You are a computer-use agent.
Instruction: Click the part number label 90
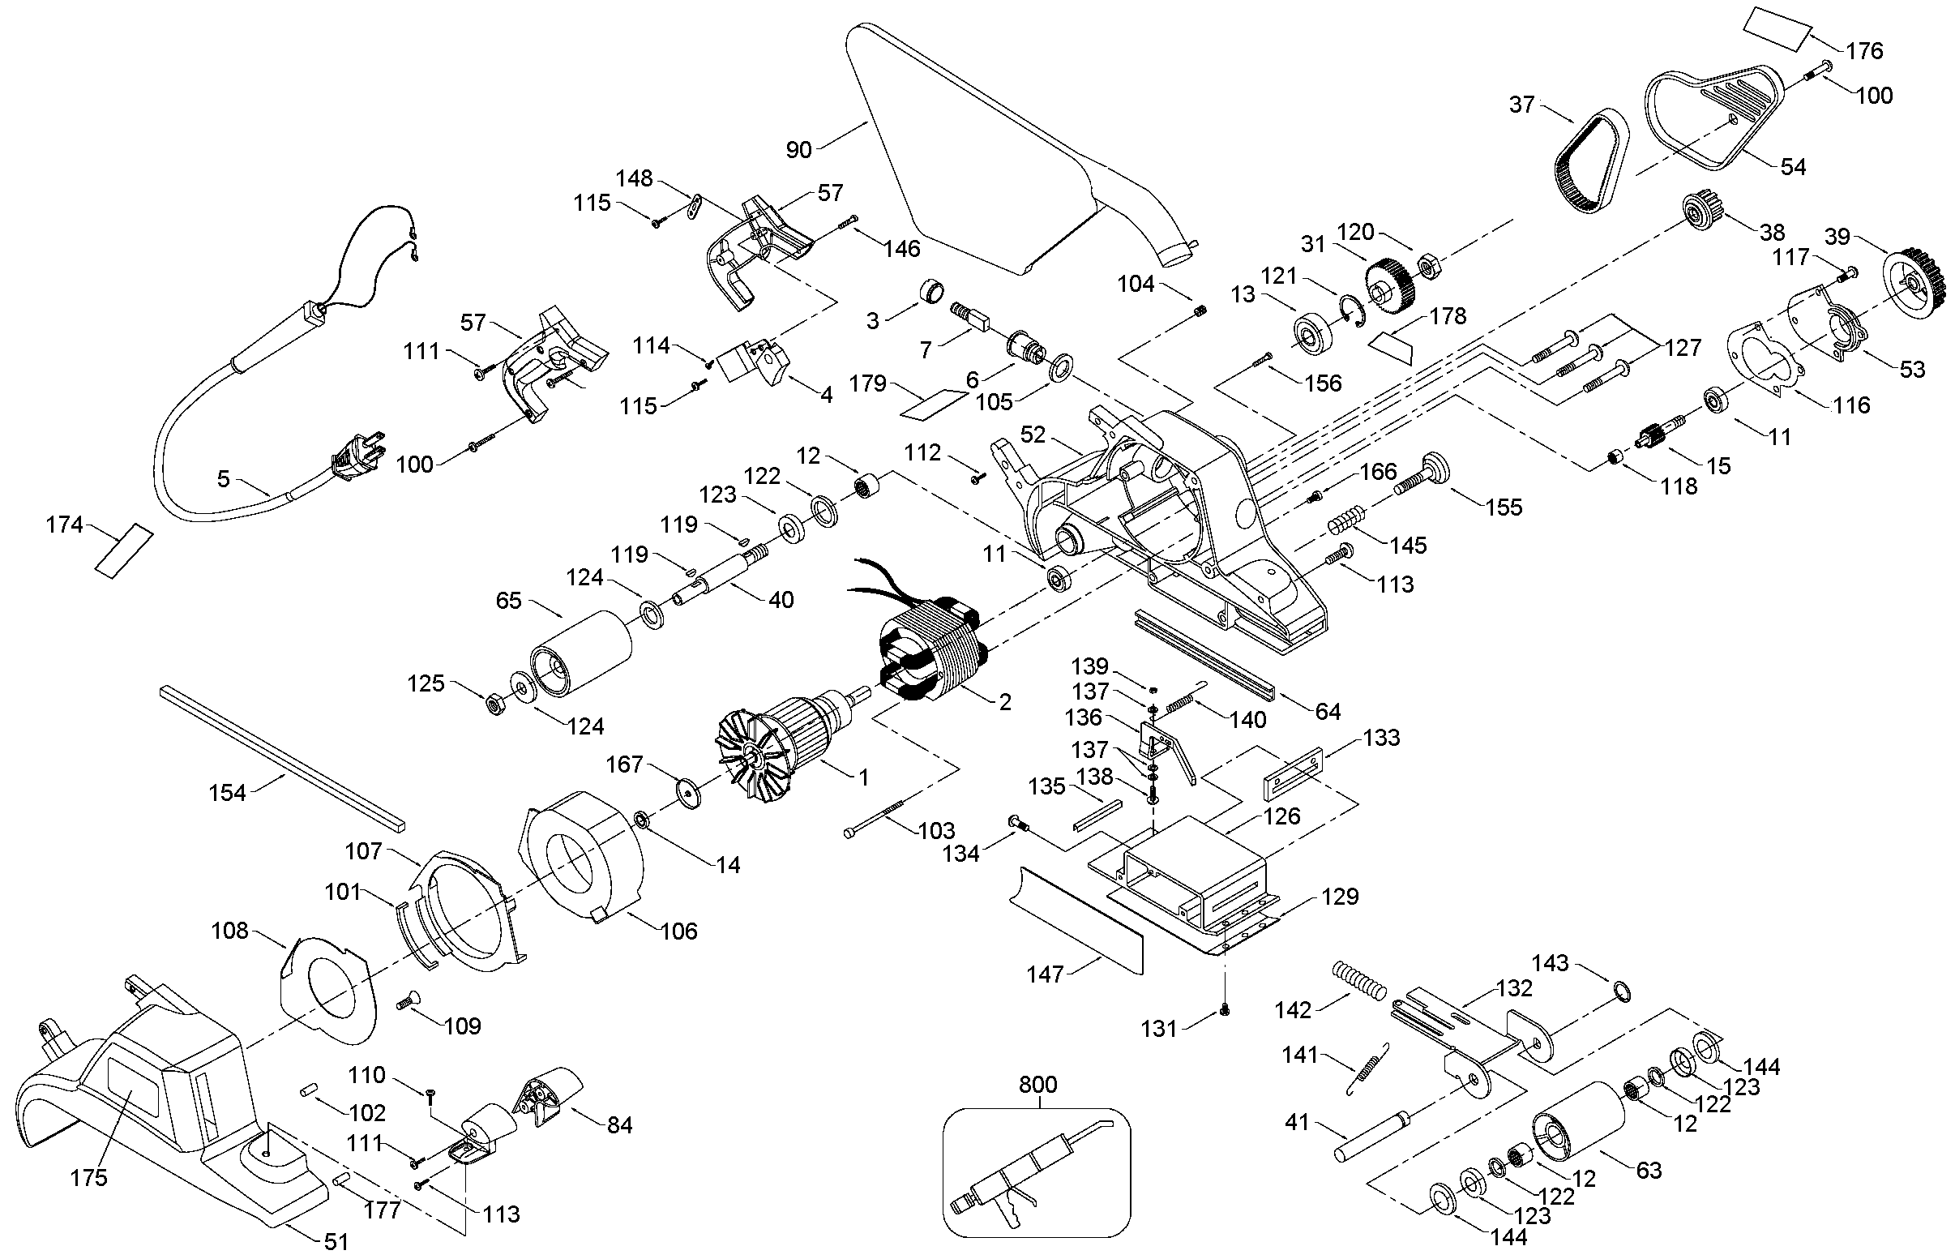coord(798,150)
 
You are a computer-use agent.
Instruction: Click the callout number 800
coord(1038,1085)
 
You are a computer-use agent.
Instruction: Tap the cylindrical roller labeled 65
coord(581,654)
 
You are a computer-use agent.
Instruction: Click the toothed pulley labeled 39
coord(1915,284)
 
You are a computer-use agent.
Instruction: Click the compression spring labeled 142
coord(1359,979)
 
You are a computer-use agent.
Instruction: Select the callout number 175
coord(88,1177)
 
